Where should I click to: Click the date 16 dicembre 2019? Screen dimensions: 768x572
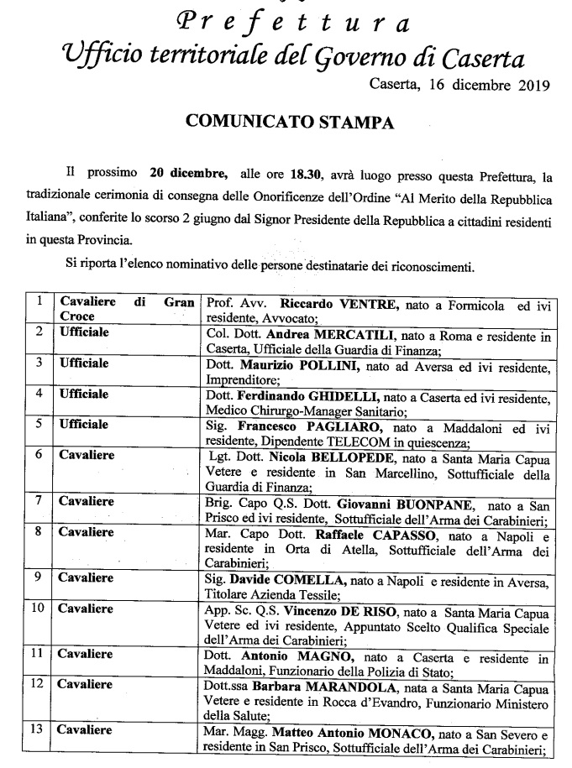(487, 84)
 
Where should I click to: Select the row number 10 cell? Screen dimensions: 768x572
(38, 609)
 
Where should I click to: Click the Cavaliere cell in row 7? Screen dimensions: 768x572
(87, 502)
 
